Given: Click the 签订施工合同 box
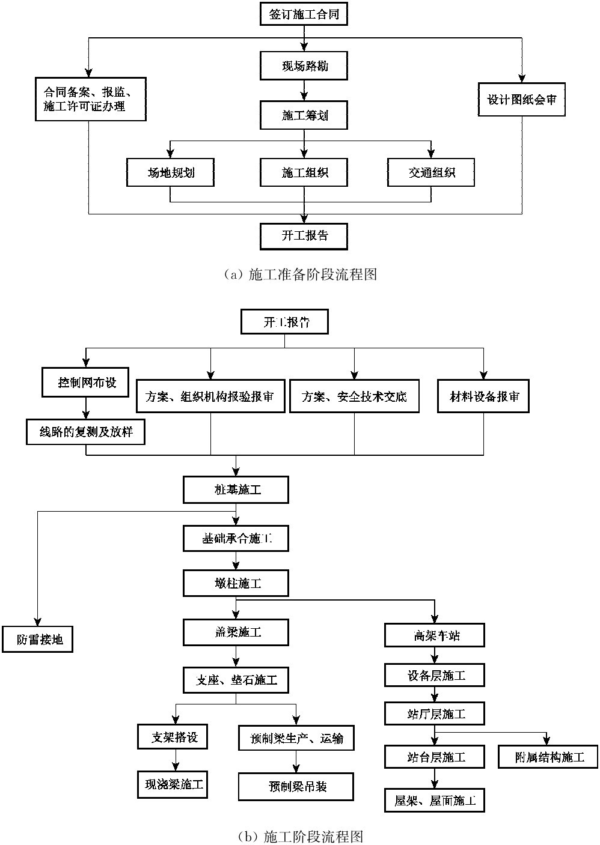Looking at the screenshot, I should (x=305, y=14).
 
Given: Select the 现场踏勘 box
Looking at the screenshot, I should (x=305, y=66).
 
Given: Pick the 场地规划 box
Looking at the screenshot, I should (x=171, y=173).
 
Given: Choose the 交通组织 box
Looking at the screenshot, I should (x=431, y=173).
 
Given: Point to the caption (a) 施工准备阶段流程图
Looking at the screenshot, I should (x=300, y=274).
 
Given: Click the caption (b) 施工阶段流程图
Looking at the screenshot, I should (x=300, y=836).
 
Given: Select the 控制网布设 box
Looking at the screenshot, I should (x=86, y=383).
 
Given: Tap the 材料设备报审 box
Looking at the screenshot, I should (x=483, y=396).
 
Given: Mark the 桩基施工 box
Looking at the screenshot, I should (x=236, y=490).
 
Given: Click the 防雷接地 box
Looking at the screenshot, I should (x=37, y=640).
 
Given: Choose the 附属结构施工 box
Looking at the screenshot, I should (x=548, y=757).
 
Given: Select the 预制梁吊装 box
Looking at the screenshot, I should (x=296, y=786).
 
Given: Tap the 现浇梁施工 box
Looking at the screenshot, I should (x=173, y=784).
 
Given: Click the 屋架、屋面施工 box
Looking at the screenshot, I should (x=435, y=800).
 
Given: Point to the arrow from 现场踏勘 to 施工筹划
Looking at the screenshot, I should (x=305, y=90).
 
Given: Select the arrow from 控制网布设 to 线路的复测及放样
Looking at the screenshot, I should (x=86, y=408).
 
